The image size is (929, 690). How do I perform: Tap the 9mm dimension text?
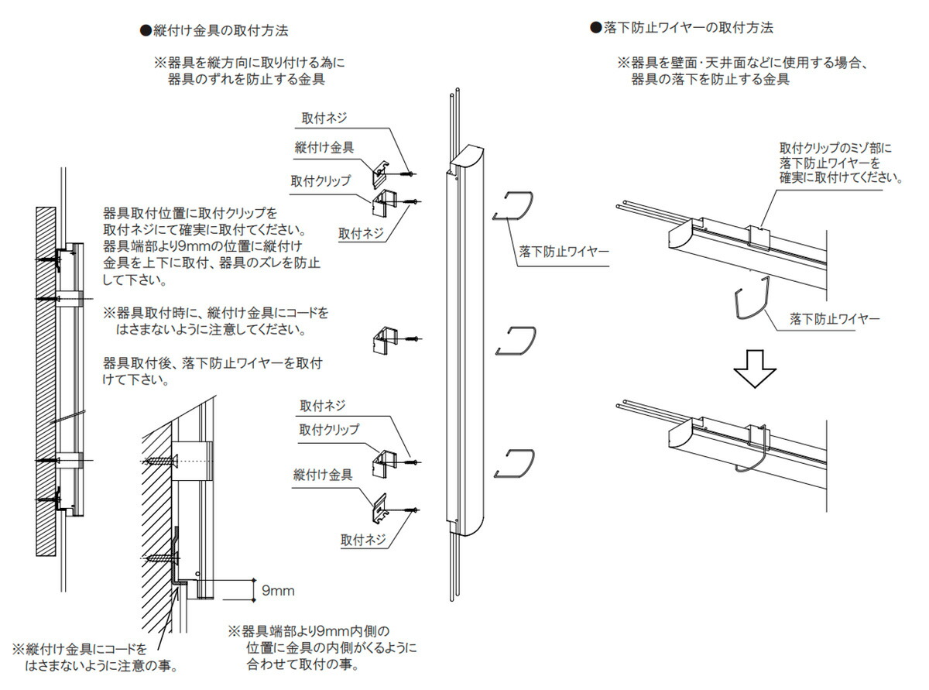278,591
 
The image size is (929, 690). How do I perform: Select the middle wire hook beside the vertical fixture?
515,341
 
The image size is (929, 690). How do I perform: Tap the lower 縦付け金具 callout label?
323,474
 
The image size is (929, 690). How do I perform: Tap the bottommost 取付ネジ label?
364,540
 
